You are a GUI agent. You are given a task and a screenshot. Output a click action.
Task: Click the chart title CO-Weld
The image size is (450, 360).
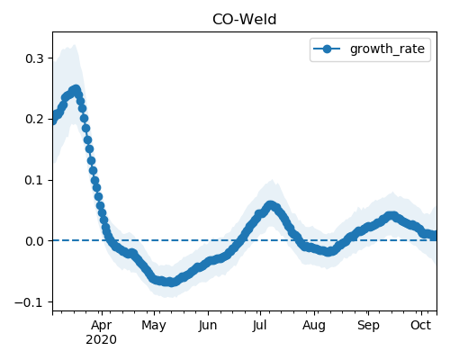[x=244, y=20]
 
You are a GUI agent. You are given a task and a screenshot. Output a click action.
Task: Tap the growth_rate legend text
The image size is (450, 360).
[x=387, y=49]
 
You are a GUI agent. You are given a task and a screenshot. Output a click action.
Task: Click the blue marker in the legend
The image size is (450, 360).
[x=327, y=49]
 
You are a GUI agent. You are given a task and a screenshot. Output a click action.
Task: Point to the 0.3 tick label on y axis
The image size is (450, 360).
[x=35, y=58]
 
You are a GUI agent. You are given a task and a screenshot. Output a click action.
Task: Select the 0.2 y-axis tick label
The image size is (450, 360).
[x=35, y=119]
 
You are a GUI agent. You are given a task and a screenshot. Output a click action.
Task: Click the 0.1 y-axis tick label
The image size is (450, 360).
[x=35, y=180]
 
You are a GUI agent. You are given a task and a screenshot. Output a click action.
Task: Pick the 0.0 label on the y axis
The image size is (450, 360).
[x=35, y=241]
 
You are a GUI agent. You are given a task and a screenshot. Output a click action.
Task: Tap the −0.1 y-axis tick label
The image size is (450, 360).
[x=30, y=302]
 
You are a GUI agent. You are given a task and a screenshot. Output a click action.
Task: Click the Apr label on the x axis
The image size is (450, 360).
[x=102, y=326]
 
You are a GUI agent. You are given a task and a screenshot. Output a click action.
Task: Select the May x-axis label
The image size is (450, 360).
[x=154, y=326]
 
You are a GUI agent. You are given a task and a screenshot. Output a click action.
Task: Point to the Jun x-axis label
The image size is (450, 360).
[x=208, y=326]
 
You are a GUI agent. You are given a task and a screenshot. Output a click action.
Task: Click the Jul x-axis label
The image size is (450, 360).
[x=259, y=326]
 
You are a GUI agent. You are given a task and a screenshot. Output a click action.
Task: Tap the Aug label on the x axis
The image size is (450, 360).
[x=314, y=326]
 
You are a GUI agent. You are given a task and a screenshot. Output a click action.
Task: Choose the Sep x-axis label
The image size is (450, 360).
[x=368, y=326]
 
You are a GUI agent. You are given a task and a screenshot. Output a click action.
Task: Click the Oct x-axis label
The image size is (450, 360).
[x=421, y=325]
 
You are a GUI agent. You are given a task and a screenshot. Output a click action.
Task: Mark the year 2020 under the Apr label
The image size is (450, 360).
[x=101, y=340]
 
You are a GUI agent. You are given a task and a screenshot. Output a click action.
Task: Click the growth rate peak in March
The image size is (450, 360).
[x=76, y=89]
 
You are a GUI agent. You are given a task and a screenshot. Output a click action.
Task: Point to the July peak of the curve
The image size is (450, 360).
[x=271, y=205]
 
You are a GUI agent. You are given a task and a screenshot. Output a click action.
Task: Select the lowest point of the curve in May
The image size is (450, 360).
[x=170, y=282]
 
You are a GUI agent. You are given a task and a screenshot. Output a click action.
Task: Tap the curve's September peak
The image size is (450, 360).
[x=391, y=216]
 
